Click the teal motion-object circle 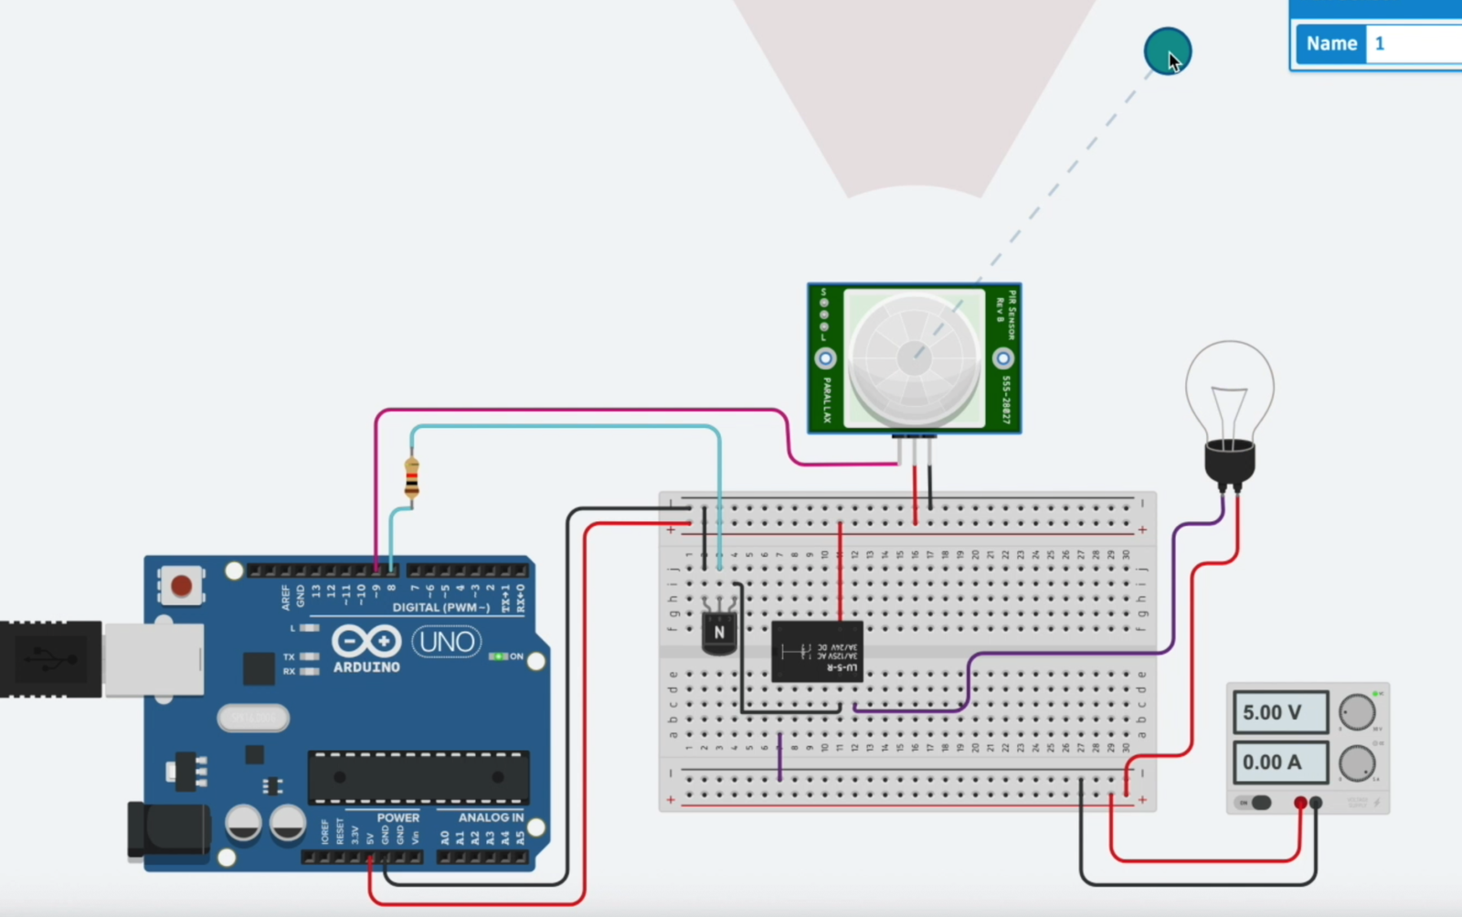click(1167, 51)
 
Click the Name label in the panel click(1330, 44)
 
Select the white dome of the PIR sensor click(914, 357)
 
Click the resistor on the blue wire click(411, 478)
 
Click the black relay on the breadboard click(817, 651)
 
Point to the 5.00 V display click(1280, 713)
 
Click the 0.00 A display click(1280, 762)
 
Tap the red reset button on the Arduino click(182, 585)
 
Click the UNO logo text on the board click(447, 642)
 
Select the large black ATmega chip click(418, 777)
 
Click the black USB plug click(50, 658)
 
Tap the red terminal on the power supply click(1300, 804)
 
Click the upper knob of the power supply click(1357, 713)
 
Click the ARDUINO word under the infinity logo click(366, 667)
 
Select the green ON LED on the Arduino click(498, 656)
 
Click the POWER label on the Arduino click(398, 817)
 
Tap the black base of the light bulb click(1229, 463)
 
